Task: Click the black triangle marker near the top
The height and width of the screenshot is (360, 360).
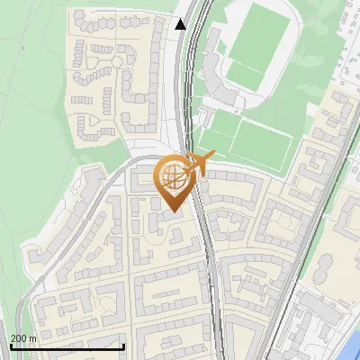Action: [181, 24]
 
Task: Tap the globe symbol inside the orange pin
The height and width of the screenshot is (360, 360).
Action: [172, 176]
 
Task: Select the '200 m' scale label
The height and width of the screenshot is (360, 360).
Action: [23, 338]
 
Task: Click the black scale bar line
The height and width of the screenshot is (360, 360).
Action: [67, 346]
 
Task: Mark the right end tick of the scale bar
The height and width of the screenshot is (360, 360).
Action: [123, 345]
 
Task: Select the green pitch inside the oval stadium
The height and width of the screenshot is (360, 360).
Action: [254, 45]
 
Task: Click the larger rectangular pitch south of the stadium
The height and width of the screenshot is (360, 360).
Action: [261, 141]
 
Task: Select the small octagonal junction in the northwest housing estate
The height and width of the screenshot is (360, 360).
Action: [117, 59]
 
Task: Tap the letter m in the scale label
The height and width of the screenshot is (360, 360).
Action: [33, 338]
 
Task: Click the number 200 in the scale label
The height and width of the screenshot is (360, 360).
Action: [19, 338]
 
